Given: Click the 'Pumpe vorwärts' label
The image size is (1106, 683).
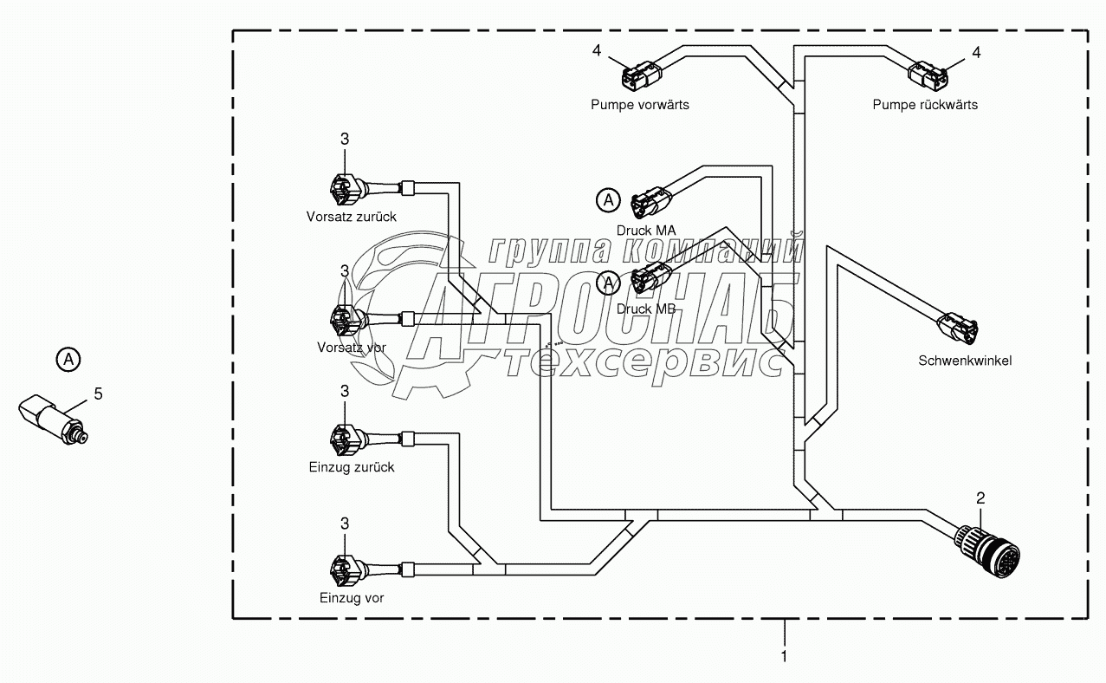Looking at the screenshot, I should [x=640, y=105].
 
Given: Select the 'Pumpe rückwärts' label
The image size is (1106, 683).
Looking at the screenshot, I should [x=925, y=105].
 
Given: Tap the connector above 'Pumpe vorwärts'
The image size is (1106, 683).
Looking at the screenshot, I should [x=640, y=75].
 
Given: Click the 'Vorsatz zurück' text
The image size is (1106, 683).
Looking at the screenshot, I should [x=351, y=217].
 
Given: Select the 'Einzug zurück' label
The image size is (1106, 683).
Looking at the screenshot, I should [x=351, y=467].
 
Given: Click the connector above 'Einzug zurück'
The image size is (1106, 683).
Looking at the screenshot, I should [x=344, y=439].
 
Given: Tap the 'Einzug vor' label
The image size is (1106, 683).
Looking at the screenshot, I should [x=351, y=598].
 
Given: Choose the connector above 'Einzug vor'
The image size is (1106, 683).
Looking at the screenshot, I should [x=344, y=569].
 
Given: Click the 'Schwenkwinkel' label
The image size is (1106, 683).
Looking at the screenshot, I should [x=965, y=361].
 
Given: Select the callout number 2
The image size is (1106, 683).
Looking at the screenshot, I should [x=980, y=498].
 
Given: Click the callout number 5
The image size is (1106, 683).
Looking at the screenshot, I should [x=98, y=394].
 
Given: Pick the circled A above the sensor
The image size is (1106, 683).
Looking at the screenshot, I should [x=68, y=358].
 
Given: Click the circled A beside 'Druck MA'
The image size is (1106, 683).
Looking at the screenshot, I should [x=609, y=201].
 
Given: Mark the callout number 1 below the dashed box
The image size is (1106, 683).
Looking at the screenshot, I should [x=785, y=656].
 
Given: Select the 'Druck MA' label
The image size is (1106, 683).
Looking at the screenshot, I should [x=646, y=230].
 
